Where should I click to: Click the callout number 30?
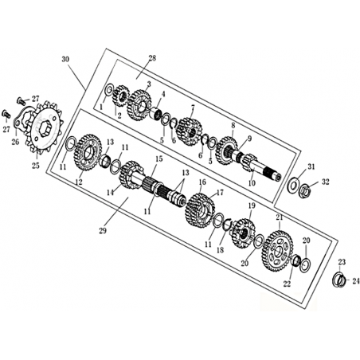(65, 59)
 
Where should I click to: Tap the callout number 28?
(152, 58)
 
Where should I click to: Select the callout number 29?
(103, 230)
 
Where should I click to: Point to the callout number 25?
(36, 166)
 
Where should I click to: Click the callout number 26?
(15, 142)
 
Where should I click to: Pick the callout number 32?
(326, 182)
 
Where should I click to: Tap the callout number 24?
(355, 280)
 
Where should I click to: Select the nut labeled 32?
(304, 190)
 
